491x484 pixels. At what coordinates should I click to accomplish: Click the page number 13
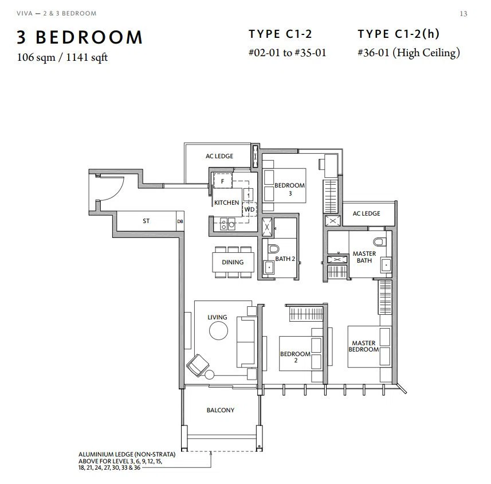(x=463, y=14)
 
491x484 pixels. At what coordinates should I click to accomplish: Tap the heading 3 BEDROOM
(x=80, y=37)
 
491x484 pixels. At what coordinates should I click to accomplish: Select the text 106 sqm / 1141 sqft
(x=62, y=57)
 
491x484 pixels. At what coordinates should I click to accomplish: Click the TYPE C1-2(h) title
(x=398, y=34)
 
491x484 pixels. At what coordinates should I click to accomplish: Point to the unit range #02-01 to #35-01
(x=287, y=52)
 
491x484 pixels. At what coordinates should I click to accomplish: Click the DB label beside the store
(x=180, y=221)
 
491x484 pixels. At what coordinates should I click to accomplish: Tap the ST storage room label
(x=146, y=221)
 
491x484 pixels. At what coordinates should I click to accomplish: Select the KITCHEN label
(x=226, y=202)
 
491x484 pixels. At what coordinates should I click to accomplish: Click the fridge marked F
(x=223, y=181)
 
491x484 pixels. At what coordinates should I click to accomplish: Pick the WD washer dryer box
(x=250, y=209)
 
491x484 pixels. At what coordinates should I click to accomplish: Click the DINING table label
(x=233, y=262)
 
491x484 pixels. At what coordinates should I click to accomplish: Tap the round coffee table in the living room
(x=218, y=331)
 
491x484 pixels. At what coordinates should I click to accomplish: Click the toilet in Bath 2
(x=274, y=248)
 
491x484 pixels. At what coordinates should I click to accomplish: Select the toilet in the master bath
(x=380, y=241)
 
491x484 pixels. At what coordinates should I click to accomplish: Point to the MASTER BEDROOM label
(x=364, y=346)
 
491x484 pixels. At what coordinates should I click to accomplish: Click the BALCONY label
(x=221, y=410)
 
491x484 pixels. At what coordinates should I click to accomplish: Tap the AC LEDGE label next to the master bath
(x=366, y=213)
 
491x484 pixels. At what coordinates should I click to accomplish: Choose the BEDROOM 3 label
(x=290, y=189)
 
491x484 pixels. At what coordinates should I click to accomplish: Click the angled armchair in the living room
(x=198, y=365)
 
